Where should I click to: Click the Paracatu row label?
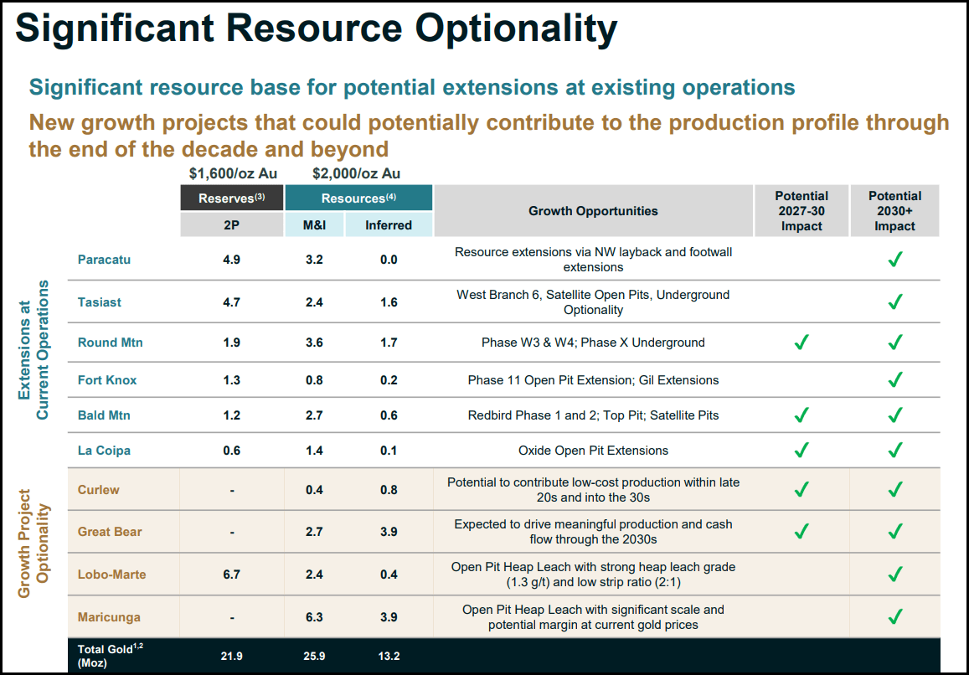tap(104, 260)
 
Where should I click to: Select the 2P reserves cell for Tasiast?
tap(232, 301)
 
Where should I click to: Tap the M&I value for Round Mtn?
tap(314, 343)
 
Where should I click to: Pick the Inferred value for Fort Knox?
tap(389, 380)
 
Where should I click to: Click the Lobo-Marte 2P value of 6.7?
tap(232, 575)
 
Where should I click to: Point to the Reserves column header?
tap(232, 198)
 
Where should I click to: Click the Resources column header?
tap(358, 198)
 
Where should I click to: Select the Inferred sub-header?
tap(389, 225)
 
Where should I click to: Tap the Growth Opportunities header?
tap(593, 211)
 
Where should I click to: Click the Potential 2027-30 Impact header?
tap(801, 211)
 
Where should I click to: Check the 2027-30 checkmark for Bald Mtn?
tap(801, 415)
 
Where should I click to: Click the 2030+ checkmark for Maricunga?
tap(895, 617)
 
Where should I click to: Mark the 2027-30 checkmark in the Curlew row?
tap(801, 489)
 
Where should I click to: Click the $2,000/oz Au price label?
tap(356, 174)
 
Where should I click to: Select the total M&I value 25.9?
tap(314, 657)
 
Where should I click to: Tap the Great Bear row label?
tap(110, 532)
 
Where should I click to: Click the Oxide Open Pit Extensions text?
tap(593, 451)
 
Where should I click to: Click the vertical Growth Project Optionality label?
tap(35, 544)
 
